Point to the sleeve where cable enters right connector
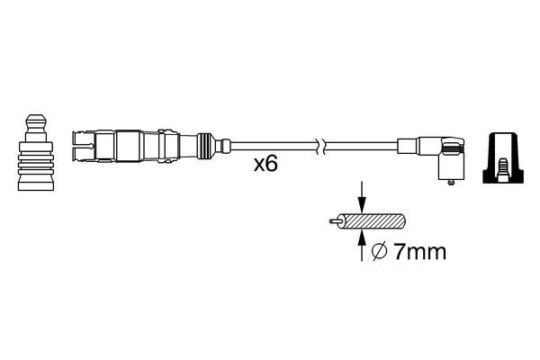pos(407,144)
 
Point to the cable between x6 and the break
pos(279,144)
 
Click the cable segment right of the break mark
pos(360,144)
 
